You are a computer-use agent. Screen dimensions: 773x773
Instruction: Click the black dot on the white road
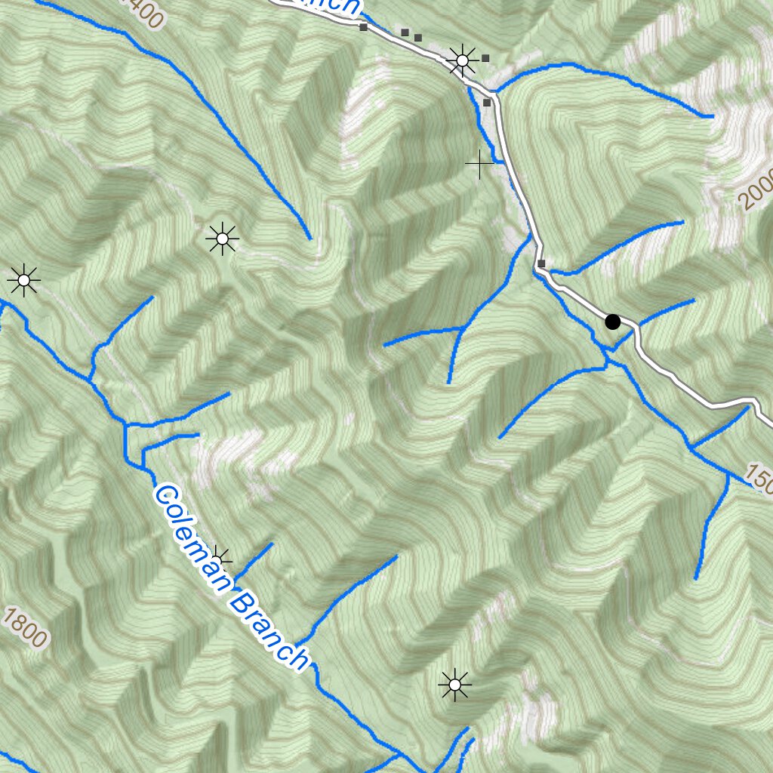pos(613,322)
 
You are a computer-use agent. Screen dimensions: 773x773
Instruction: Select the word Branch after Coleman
pos(268,631)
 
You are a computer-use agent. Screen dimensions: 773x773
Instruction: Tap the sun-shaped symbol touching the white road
pos(461,60)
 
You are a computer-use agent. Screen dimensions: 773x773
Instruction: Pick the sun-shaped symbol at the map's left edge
pos(23,281)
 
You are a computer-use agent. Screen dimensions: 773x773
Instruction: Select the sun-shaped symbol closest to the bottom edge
pos(454,685)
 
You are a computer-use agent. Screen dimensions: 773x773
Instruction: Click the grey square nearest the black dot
pos(541,263)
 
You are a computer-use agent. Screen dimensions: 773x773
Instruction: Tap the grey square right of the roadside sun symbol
pos(486,57)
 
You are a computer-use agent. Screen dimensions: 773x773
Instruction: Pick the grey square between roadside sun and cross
pos(487,102)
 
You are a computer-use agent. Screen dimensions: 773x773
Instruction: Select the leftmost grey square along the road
pos(363,27)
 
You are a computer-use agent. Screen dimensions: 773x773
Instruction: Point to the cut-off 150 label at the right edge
pos(759,476)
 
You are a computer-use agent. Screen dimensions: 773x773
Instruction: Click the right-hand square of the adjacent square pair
pos(418,37)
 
